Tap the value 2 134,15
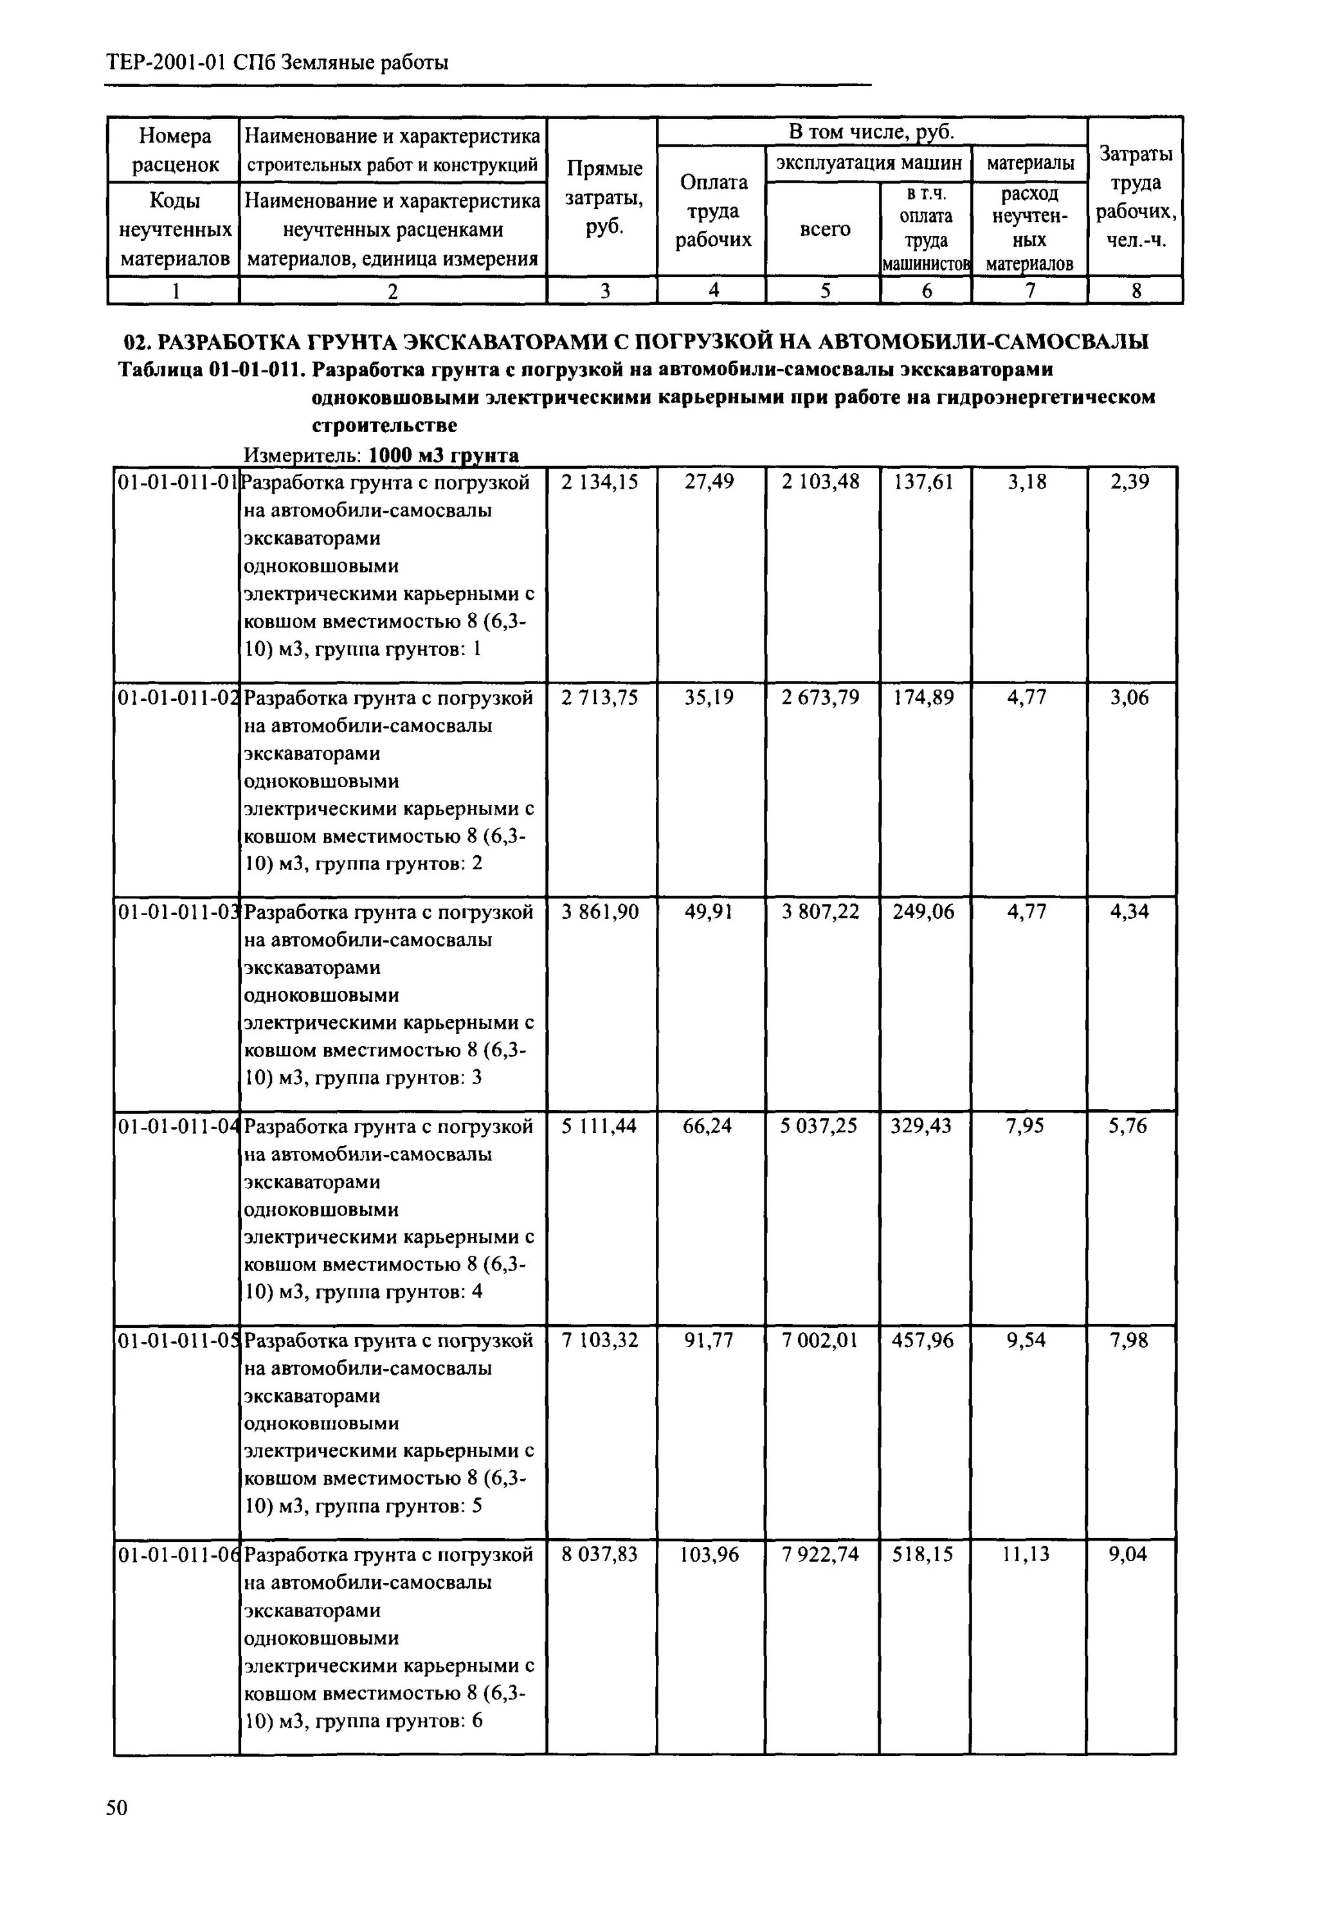600,482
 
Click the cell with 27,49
709,482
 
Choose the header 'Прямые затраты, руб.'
604,197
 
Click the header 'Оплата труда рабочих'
713,211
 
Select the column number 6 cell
927,290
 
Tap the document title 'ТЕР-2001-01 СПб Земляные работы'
278,62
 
